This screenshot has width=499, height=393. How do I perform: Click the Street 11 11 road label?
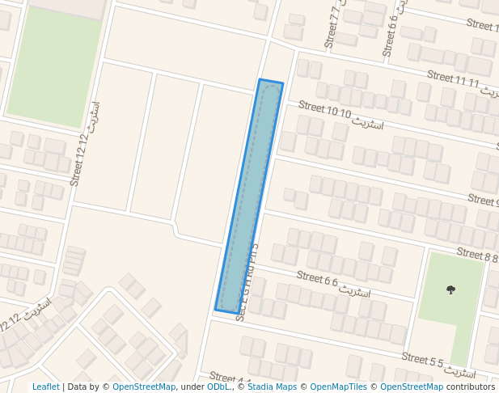point(453,79)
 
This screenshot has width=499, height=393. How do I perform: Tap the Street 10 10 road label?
point(324,110)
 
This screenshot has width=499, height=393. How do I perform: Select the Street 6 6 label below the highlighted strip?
point(316,280)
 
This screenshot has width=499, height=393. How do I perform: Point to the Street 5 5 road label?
point(424,360)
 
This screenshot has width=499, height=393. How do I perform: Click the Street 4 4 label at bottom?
point(230,378)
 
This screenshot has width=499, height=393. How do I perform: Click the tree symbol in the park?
point(450,289)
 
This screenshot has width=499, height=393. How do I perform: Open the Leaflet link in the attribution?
point(45,387)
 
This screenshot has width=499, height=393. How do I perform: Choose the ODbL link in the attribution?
point(218,387)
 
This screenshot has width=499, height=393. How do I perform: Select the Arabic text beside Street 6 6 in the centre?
point(354,289)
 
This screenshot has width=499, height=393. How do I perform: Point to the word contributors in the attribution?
point(471,387)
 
